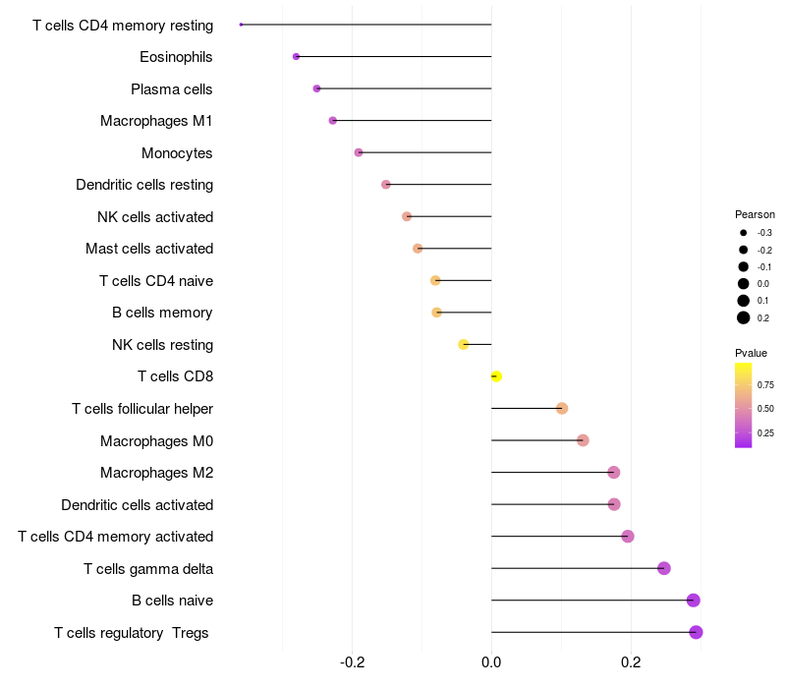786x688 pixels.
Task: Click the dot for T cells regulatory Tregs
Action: tap(696, 632)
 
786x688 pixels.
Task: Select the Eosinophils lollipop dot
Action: tap(296, 57)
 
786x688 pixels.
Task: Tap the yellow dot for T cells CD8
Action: tap(496, 376)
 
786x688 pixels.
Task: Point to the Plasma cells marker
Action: tap(316, 88)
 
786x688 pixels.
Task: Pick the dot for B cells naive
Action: tap(693, 601)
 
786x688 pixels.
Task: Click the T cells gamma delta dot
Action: tap(663, 568)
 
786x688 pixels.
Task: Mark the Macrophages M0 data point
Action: tap(583, 440)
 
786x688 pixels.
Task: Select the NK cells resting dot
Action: tap(464, 344)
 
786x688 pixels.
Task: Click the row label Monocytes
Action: tap(177, 152)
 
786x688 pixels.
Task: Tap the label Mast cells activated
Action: tap(149, 249)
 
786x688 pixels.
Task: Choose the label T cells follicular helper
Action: tap(142, 409)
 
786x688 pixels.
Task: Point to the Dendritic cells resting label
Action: tap(144, 185)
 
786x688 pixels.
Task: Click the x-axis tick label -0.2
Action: tap(352, 662)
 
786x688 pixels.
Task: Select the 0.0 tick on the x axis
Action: tap(491, 662)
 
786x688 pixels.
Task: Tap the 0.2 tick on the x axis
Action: tap(631, 662)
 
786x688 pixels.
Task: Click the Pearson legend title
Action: tap(755, 214)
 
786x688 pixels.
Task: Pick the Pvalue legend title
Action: tap(751, 353)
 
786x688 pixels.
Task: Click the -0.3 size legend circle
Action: tap(744, 233)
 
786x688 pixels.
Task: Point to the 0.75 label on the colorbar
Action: tap(765, 384)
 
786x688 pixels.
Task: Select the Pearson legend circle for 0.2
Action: tap(744, 317)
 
